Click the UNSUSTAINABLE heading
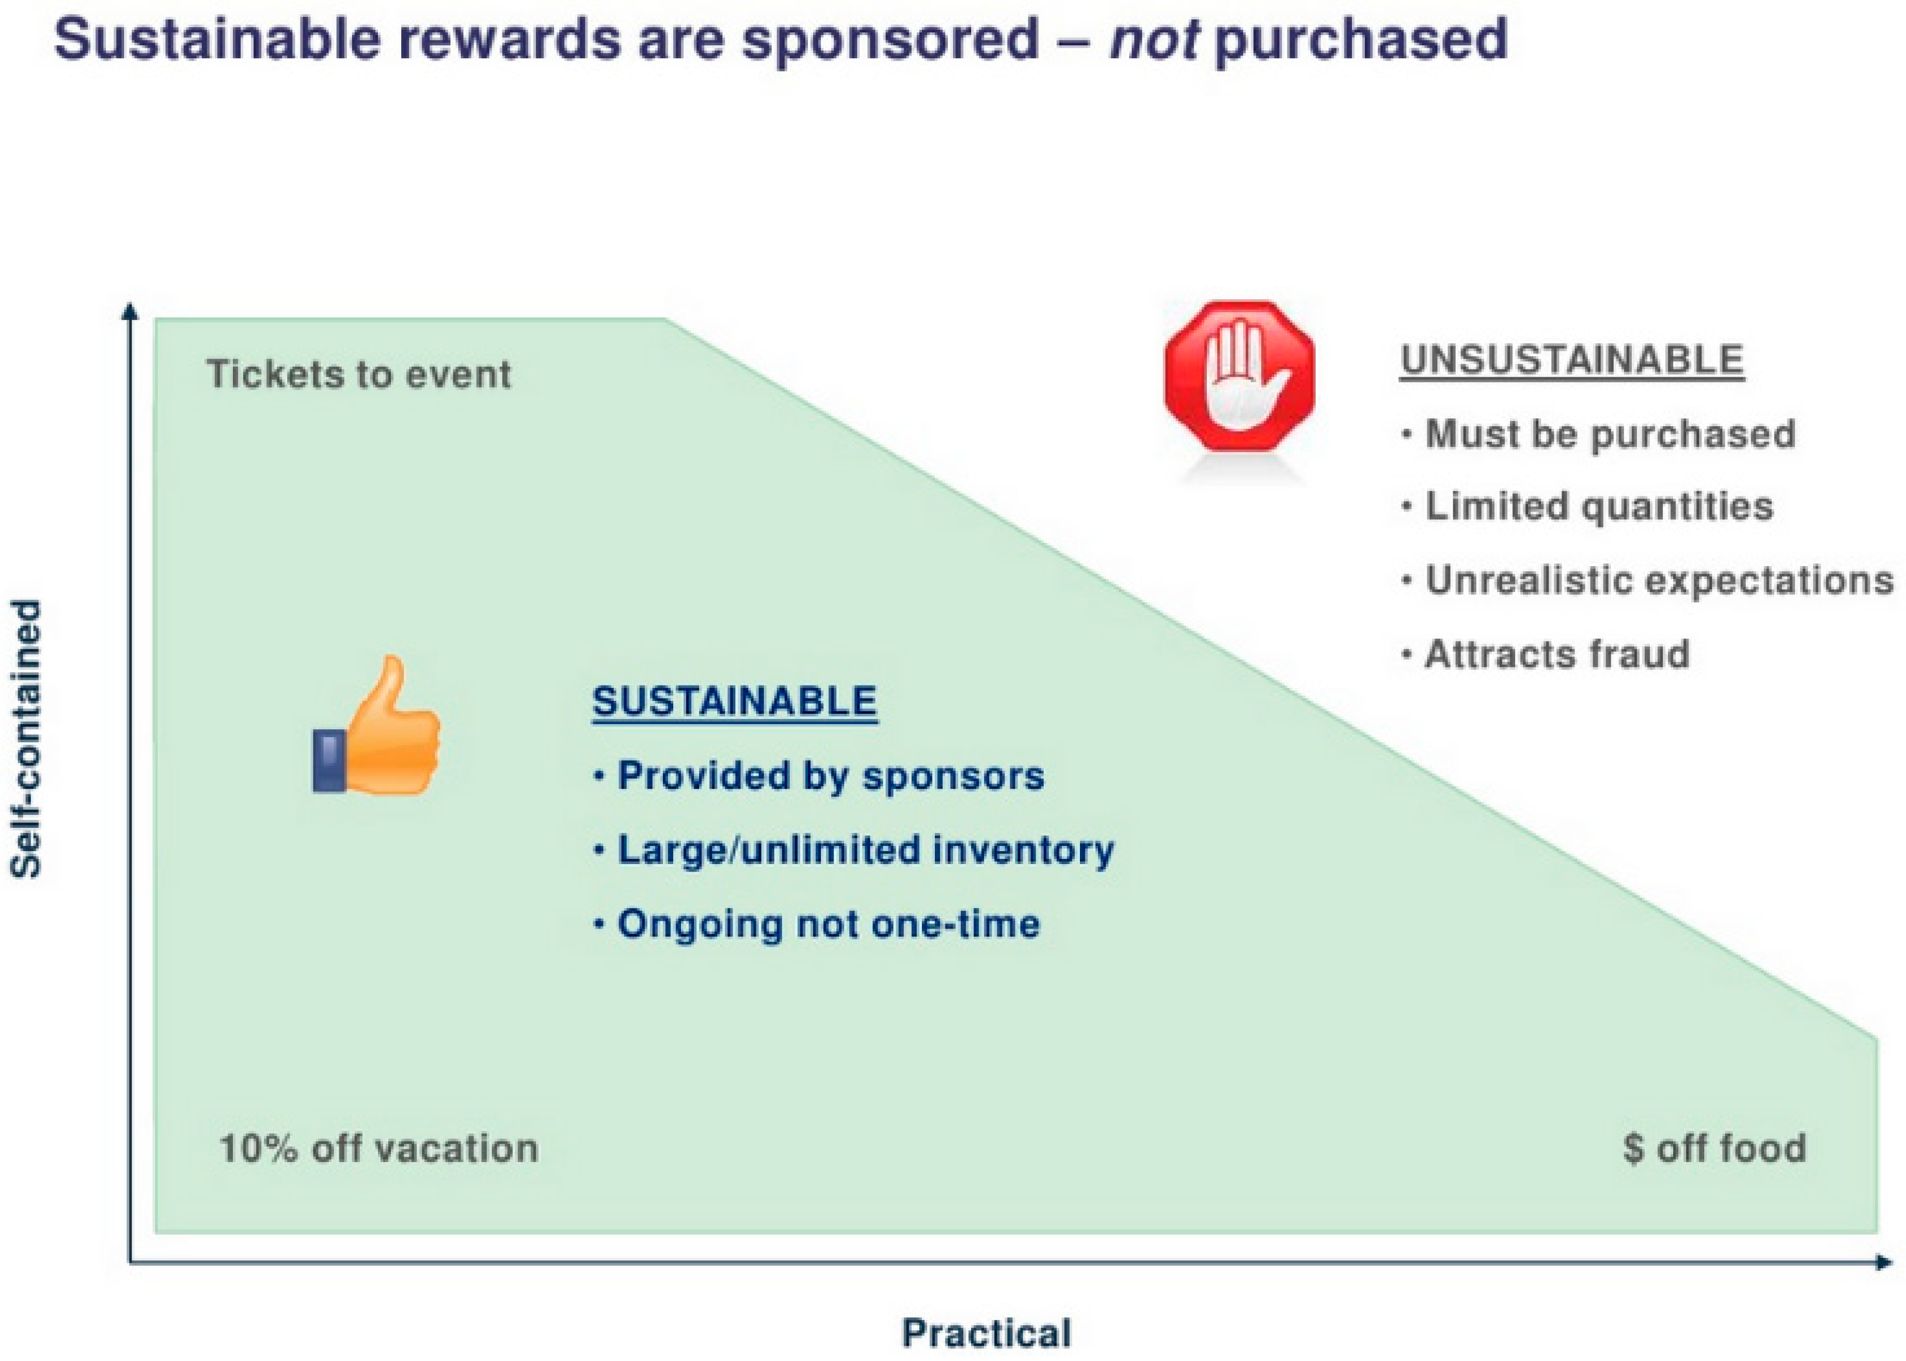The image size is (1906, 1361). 1572,360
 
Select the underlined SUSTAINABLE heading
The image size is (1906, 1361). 735,700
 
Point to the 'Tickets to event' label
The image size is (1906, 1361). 359,374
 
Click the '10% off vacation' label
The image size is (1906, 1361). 378,1147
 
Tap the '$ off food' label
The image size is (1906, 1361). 1714,1147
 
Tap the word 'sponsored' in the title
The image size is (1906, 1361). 891,40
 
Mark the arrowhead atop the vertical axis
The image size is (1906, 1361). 129,311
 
